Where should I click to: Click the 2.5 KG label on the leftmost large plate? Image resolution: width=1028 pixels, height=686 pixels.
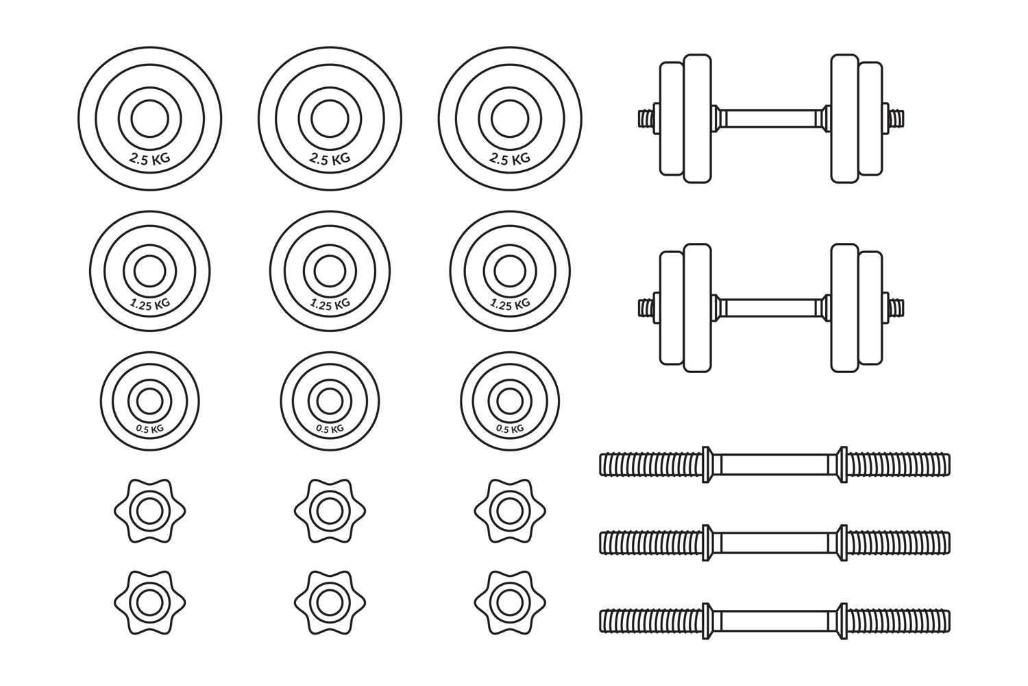coord(149,158)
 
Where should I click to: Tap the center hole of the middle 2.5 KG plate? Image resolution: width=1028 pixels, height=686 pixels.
coord(330,119)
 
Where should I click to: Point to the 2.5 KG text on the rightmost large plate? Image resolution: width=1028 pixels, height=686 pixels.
coord(510,158)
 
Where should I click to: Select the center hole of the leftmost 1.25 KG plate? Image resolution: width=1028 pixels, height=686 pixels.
coord(149,271)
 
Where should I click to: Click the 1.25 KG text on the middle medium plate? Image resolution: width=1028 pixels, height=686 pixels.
coord(330,304)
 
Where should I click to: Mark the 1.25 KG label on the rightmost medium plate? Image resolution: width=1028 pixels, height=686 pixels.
coord(511,304)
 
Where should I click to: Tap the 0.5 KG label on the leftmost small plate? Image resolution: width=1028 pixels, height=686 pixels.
coord(149,429)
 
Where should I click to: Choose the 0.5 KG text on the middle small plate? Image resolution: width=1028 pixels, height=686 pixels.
coord(330,429)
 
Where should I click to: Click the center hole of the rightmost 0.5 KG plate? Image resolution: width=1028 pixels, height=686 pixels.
coord(510,401)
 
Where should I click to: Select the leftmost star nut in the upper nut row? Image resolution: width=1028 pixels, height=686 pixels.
coord(149,511)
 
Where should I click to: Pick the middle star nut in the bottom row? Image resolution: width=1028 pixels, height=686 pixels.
coord(330,602)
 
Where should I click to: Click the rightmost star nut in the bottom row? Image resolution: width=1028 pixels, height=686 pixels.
coord(510,602)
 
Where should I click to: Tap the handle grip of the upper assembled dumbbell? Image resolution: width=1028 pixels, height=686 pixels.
coord(771,119)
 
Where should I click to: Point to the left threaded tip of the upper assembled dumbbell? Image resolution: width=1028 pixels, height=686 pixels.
coord(646,119)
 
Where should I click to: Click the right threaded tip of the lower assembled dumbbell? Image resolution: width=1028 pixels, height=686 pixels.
coord(896,307)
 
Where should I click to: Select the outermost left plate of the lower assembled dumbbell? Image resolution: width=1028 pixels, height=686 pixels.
coord(672,307)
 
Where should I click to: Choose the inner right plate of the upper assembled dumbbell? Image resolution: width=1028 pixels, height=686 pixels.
coord(844,119)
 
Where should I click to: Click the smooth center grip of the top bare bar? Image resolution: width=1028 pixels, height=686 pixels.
coord(774,464)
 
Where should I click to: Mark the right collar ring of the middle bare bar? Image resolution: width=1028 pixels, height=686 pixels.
coord(842,543)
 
